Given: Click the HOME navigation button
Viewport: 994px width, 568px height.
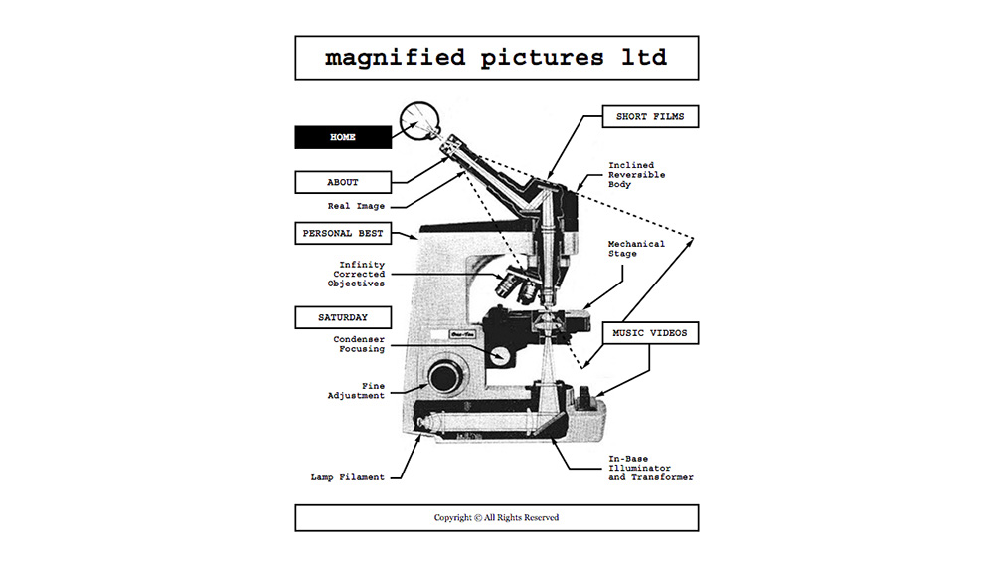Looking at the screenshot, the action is point(343,137).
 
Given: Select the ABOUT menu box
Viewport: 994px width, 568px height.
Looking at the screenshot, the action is point(343,182).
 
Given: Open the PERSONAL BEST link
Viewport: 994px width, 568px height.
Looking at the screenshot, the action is point(343,233).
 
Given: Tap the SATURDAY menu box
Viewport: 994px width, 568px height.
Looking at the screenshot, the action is point(343,317).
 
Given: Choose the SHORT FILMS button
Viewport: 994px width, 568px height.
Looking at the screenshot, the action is point(650,116).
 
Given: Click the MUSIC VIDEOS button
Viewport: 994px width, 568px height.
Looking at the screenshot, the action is point(650,333).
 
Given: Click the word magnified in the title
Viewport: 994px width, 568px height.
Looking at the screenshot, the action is point(395,58).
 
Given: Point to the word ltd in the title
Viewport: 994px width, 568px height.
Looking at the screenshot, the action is point(644,57).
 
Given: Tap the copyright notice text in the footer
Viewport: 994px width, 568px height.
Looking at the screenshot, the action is point(496,518).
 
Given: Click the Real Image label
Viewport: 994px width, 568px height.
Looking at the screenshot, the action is point(356,206).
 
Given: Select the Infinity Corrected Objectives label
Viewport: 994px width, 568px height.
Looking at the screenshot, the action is point(356,275).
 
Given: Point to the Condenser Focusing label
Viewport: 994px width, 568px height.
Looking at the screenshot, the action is point(359,344).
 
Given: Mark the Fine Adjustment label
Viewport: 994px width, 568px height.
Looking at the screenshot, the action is point(356,390).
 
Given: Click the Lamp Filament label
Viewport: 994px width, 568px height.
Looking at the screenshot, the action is point(347,477).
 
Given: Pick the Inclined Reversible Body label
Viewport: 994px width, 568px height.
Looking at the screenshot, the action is point(636,174).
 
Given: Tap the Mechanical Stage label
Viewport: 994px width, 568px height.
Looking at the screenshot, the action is point(636,248).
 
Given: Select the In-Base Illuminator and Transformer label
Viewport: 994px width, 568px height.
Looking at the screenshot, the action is point(651,468).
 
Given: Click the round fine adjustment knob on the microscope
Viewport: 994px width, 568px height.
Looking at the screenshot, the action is point(446,377).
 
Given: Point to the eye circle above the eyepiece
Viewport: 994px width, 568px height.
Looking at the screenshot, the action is point(419,120).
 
